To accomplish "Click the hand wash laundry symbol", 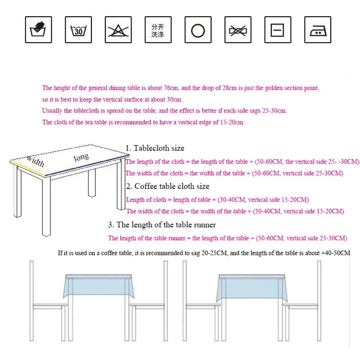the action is coord(38,30).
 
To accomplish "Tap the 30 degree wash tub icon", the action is coord(78,30).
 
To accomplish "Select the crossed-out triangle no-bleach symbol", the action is coord(118,30).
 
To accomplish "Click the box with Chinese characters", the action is coord(158,30).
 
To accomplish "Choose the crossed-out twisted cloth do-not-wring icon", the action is coord(238,30).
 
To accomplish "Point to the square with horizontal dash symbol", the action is coord(278,30).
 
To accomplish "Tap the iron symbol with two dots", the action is coord(318,30).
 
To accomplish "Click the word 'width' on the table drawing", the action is coord(35,161).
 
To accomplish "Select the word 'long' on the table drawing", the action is coord(81,157).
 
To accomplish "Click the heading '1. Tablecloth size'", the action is coord(155,148).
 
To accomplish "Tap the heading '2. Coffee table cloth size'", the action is coord(167,186).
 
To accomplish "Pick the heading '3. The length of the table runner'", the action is coord(162,225).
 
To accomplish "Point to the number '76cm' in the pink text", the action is coord(171,88).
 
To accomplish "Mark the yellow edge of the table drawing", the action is coord(27,167).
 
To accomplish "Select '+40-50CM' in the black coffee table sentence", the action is coord(336,253).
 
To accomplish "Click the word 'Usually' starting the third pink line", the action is coord(52,111).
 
